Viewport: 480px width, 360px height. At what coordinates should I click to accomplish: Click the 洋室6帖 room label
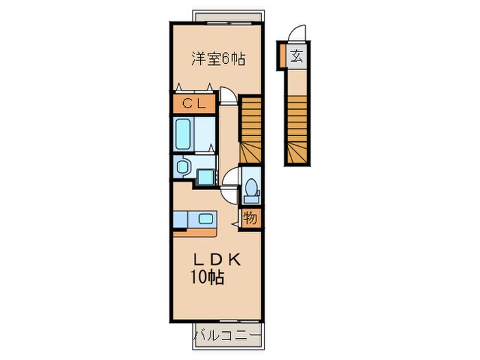(x=217, y=59)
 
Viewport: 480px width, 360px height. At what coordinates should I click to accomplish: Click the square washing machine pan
(x=205, y=176)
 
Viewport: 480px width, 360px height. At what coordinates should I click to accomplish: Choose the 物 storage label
(x=251, y=219)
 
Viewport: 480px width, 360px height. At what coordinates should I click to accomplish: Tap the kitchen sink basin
(x=206, y=219)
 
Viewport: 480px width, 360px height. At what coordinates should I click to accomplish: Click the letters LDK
(x=217, y=261)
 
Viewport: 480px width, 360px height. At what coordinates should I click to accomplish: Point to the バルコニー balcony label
(x=227, y=335)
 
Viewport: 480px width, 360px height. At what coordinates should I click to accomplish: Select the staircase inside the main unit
(x=251, y=130)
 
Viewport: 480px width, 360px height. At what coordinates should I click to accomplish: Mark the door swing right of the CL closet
(x=228, y=96)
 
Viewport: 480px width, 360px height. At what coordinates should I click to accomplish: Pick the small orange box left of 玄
(x=282, y=56)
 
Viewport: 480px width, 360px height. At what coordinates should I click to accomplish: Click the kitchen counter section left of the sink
(x=183, y=219)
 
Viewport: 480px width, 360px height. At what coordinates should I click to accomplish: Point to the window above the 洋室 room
(x=226, y=16)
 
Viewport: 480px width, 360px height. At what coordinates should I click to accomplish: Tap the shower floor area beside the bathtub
(x=204, y=133)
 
